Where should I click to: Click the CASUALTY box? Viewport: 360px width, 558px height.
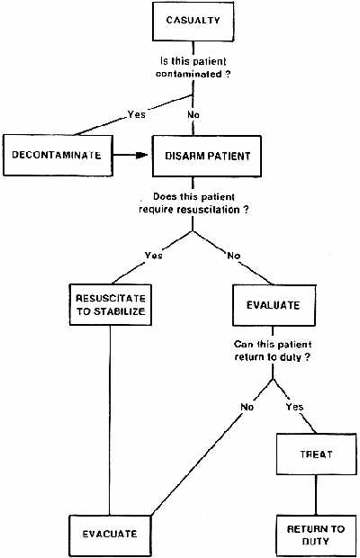point(193,22)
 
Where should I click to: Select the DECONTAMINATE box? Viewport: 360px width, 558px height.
point(58,155)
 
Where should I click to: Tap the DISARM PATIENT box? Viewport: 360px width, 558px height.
point(207,157)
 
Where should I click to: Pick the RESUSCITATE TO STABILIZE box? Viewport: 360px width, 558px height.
point(111,304)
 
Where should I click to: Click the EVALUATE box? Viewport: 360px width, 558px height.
point(274,305)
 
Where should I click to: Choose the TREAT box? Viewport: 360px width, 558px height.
point(316,454)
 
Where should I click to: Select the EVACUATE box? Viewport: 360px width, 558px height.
point(110,535)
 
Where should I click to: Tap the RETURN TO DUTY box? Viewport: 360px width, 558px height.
point(316,535)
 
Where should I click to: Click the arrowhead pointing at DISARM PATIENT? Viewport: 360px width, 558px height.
point(142,155)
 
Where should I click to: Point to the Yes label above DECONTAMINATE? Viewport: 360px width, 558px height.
point(137,114)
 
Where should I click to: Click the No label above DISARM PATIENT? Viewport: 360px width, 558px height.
point(193,115)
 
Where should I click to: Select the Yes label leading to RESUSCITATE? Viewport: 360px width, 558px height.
point(154,256)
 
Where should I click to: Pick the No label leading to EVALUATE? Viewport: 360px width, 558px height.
point(234,256)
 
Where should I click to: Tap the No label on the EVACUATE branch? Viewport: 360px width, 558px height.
point(247,407)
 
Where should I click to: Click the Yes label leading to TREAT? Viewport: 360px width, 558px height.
point(294,407)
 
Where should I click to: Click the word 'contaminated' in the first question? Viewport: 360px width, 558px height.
point(188,74)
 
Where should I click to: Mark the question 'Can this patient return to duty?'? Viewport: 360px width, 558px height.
point(273,350)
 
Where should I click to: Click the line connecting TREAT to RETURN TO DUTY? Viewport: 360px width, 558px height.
point(316,495)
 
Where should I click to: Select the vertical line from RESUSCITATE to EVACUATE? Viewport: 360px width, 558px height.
point(110,420)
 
